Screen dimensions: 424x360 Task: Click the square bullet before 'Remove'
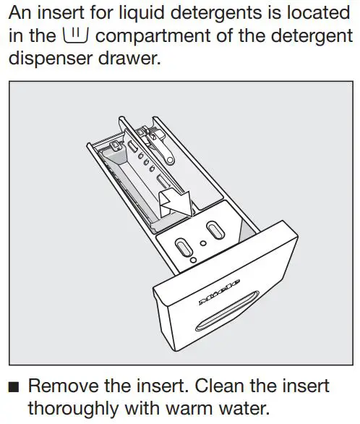pyautogui.click(x=13, y=387)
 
